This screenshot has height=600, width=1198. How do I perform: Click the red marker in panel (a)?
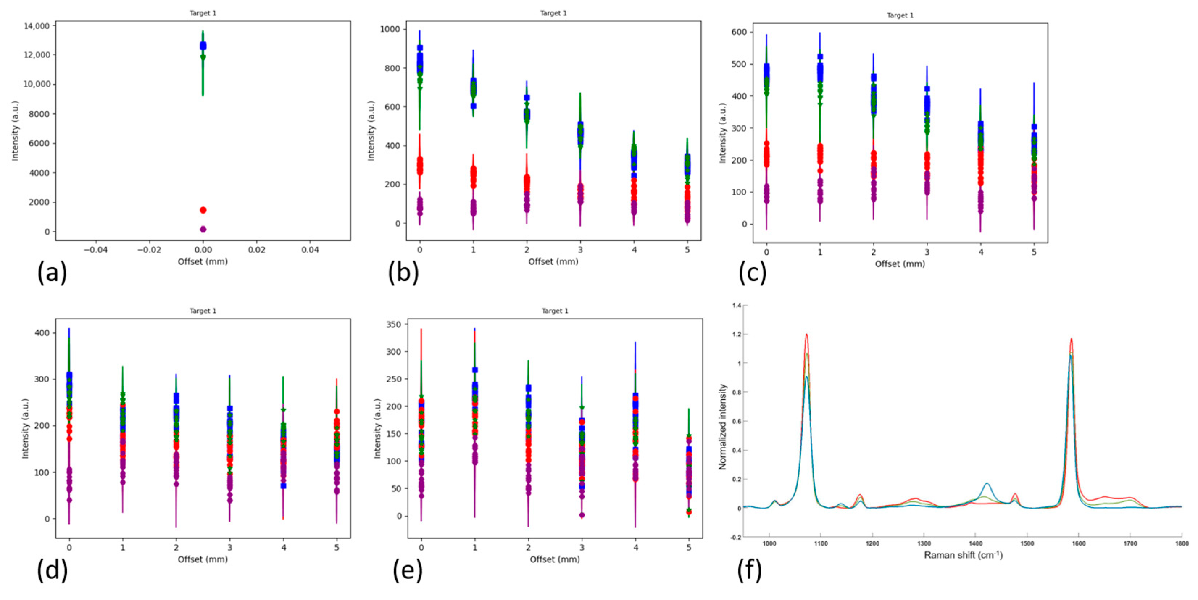click(203, 210)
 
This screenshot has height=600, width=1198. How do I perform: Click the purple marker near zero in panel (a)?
click(203, 229)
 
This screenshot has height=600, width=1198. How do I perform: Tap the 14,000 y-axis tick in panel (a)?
click(36, 26)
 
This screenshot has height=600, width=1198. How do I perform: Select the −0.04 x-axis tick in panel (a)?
click(96, 250)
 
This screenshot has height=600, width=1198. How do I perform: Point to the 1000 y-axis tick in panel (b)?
click(390, 29)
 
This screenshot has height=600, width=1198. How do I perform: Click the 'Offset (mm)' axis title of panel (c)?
click(899, 264)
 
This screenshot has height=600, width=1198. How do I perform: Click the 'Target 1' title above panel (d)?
click(203, 311)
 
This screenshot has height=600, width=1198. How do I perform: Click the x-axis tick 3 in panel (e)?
click(582, 547)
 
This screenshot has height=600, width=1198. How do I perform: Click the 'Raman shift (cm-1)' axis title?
click(963, 555)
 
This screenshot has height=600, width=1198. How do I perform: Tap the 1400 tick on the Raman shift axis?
click(975, 543)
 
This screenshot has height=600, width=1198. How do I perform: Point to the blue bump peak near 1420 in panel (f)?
click(986, 483)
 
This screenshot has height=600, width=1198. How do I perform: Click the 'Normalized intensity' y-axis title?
click(722, 426)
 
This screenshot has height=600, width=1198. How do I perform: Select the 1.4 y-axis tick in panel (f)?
click(736, 306)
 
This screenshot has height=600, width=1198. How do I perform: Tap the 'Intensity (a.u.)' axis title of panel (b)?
click(371, 131)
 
